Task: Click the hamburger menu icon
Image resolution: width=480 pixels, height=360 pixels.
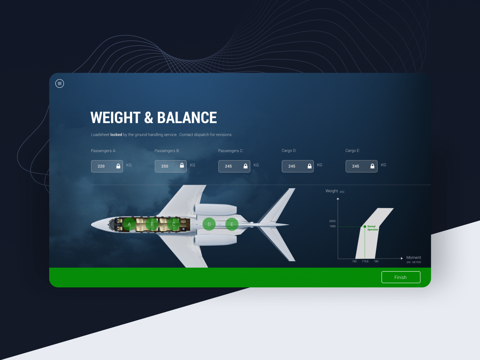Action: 59,83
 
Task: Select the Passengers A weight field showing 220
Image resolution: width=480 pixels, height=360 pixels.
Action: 107,166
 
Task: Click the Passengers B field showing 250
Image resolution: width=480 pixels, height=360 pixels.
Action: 171,166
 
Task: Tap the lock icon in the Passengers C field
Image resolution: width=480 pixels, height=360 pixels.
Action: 246,166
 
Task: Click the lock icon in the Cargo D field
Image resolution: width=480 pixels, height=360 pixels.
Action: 309,166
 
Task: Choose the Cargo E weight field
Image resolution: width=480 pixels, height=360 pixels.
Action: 361,166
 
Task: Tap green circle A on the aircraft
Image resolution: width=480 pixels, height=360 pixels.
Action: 129,224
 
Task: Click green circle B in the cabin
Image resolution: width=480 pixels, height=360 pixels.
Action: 152,224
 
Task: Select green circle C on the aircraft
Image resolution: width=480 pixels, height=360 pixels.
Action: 174,224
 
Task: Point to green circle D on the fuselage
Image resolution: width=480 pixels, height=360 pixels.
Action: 209,224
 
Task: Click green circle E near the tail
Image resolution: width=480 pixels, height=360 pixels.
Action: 232,224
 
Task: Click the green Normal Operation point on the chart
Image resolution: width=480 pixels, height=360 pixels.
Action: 365,226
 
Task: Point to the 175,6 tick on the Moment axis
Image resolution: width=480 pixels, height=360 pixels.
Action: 365,261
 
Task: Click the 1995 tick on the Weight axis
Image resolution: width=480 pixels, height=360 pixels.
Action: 332,226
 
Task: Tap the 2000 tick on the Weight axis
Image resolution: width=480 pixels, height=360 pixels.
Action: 332,221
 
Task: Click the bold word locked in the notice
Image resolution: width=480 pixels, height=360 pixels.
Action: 116,135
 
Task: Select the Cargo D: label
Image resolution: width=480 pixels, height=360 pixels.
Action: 289,151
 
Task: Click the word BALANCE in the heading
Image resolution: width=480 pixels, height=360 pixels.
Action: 187,118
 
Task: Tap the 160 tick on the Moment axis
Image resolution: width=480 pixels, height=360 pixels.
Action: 354,261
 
